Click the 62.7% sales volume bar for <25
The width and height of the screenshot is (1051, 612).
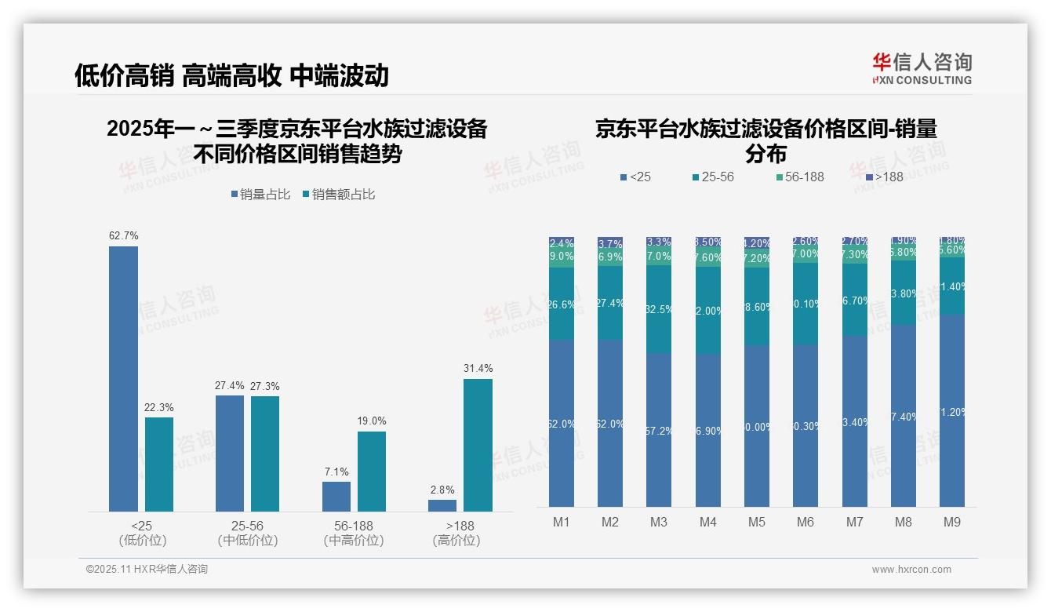click(x=123, y=379)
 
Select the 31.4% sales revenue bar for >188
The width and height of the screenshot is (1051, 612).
click(x=478, y=445)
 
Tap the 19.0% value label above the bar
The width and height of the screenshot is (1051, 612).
click(x=372, y=421)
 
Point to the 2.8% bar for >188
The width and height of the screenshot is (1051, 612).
click(x=442, y=505)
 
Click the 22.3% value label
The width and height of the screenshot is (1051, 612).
click(x=159, y=407)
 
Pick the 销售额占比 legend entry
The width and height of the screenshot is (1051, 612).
click(x=338, y=195)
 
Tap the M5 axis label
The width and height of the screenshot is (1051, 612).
click(x=756, y=522)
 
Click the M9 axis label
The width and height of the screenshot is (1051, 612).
click(x=951, y=522)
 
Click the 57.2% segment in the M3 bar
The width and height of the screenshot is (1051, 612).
click(x=659, y=430)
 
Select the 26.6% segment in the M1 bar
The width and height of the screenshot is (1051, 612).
click(x=562, y=304)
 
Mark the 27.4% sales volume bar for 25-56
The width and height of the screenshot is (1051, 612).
click(x=230, y=453)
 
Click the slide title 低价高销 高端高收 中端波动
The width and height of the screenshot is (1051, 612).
click(x=231, y=75)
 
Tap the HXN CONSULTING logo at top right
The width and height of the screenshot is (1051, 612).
click(x=922, y=69)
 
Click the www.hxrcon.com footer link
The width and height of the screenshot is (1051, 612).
click(x=911, y=570)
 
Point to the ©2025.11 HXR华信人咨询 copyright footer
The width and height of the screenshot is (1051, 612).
click(x=147, y=569)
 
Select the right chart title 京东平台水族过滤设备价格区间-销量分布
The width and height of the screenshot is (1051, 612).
click(x=766, y=140)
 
